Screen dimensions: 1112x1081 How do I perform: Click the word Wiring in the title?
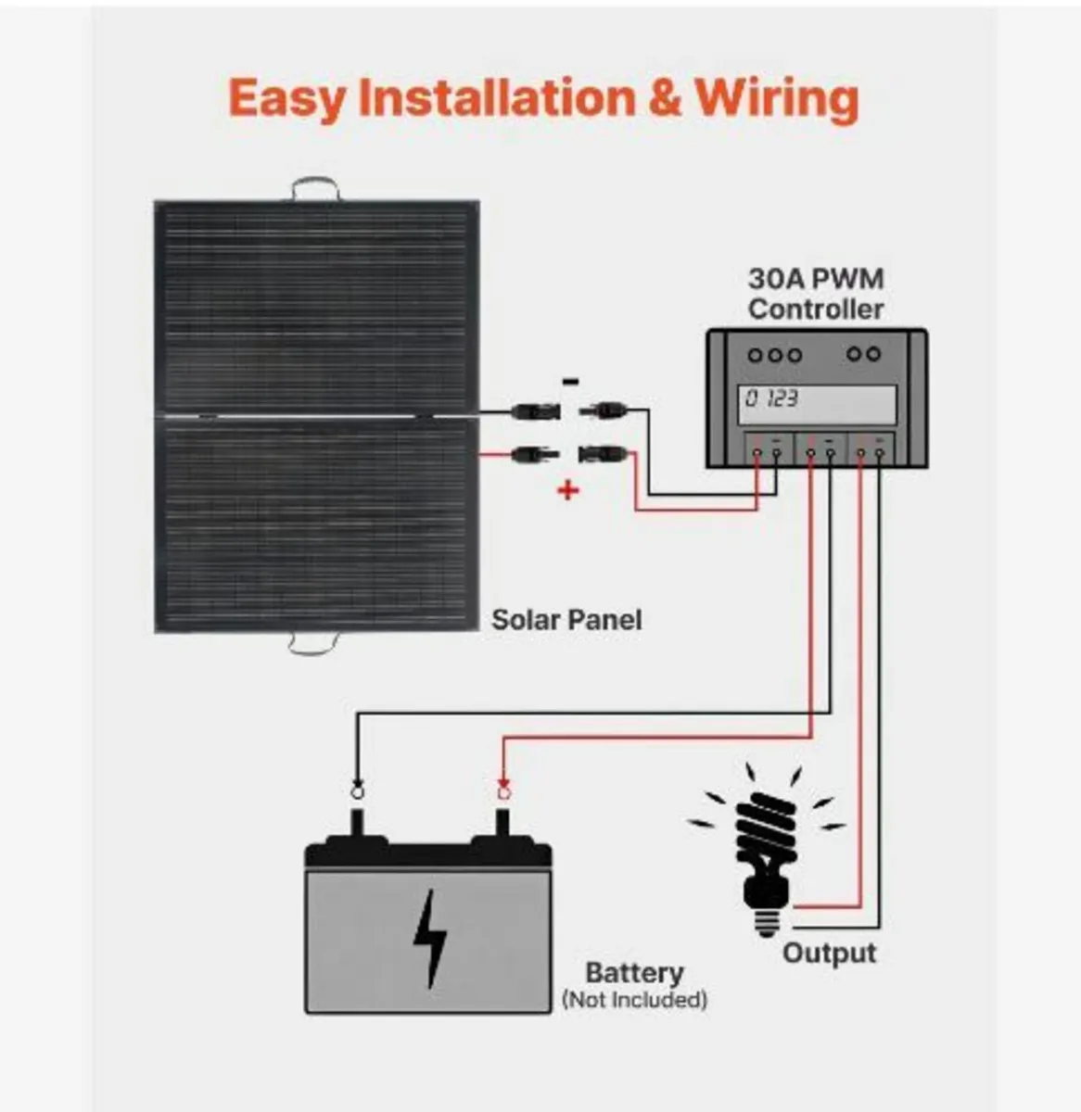777,98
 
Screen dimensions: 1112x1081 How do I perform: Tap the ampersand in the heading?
664,98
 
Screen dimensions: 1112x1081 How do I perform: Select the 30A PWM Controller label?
816,294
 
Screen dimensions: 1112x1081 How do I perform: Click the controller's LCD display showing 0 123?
817,404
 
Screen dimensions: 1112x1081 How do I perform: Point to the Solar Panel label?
566,619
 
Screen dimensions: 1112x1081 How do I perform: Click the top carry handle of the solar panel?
315,188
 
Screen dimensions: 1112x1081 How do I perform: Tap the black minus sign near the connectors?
572,381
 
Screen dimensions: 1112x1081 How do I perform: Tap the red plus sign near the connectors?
567,490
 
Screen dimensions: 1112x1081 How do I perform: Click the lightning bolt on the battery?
430,939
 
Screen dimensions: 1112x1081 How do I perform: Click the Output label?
828,953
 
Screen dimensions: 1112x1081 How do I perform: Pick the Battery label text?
634,973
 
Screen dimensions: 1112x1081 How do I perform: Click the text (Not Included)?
634,1000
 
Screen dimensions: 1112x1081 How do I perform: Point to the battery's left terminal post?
357,822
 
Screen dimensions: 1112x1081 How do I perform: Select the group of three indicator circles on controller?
774,355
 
